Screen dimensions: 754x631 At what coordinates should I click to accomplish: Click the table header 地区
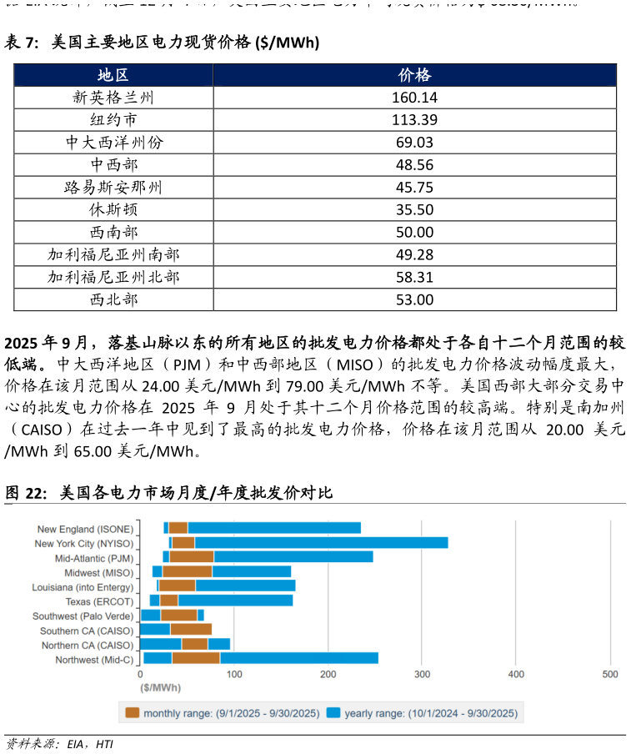pyautogui.click(x=113, y=75)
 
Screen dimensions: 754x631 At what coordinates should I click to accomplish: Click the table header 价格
pyautogui.click(x=414, y=75)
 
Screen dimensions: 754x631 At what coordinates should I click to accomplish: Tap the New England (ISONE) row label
pyautogui.click(x=85, y=529)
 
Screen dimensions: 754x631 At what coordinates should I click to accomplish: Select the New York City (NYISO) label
pyautogui.click(x=83, y=544)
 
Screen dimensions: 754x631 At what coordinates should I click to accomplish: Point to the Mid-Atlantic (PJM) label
pyautogui.click(x=94, y=558)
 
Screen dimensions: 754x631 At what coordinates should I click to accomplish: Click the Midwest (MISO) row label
pyautogui.click(x=98, y=573)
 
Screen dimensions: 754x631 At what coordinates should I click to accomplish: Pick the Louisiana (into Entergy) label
pyautogui.click(x=83, y=587)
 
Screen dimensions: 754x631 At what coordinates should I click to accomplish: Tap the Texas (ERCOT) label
pyautogui.click(x=99, y=601)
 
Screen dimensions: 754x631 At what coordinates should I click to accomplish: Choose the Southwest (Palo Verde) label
pyautogui.click(x=83, y=616)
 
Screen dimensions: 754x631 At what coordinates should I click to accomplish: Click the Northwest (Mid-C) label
pyautogui.click(x=94, y=660)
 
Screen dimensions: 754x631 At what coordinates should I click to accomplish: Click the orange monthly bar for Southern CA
pyautogui.click(x=191, y=630)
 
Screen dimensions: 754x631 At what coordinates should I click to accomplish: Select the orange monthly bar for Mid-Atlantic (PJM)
pyautogui.click(x=192, y=557)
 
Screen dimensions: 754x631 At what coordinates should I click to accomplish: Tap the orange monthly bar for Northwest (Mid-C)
pyautogui.click(x=196, y=658)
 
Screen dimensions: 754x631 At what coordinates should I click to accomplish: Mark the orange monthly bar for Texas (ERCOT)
pyautogui.click(x=169, y=601)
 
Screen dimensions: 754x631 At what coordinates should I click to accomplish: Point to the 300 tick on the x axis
pyautogui.click(x=422, y=674)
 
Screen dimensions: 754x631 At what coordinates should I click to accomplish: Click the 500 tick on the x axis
pyautogui.click(x=610, y=674)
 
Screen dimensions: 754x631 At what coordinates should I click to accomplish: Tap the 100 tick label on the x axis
pyautogui.click(x=233, y=674)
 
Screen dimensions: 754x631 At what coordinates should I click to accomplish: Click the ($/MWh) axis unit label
pyautogui.click(x=160, y=688)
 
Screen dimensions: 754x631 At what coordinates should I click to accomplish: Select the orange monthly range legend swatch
pyautogui.click(x=133, y=713)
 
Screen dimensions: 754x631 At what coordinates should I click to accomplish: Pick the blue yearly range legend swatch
pyautogui.click(x=333, y=713)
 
